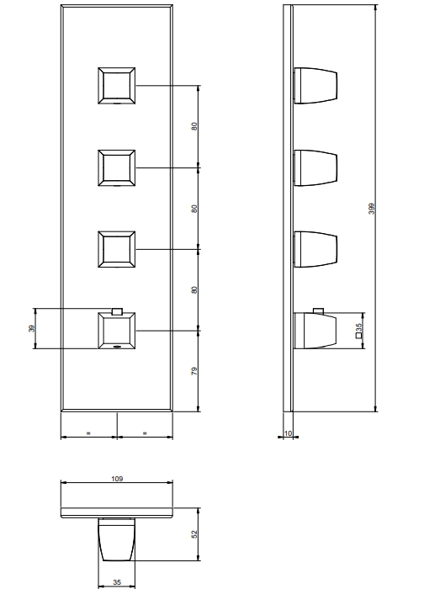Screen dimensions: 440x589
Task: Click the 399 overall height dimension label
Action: click(x=372, y=209)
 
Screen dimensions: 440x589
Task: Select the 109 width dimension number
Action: click(x=117, y=479)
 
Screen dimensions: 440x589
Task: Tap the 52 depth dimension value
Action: click(x=194, y=534)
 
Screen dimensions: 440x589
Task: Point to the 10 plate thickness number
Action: click(x=288, y=433)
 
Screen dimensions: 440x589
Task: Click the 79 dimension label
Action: click(x=194, y=371)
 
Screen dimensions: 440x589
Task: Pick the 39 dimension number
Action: click(x=31, y=329)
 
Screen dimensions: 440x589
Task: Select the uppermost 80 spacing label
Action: click(x=194, y=126)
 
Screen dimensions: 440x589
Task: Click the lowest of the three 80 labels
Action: click(x=194, y=290)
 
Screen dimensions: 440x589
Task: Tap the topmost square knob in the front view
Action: click(x=116, y=86)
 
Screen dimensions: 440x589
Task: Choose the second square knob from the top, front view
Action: click(x=116, y=168)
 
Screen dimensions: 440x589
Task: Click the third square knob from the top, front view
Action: click(x=116, y=249)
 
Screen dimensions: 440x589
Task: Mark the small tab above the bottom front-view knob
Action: click(x=117, y=311)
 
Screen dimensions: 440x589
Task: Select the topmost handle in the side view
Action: click(x=315, y=86)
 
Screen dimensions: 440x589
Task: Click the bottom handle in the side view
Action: click(x=315, y=331)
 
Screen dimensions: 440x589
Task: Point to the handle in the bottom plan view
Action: click(x=116, y=539)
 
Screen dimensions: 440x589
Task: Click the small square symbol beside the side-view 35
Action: click(x=358, y=336)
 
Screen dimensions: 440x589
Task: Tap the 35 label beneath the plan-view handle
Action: click(x=117, y=582)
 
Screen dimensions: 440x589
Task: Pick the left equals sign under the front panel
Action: click(x=88, y=433)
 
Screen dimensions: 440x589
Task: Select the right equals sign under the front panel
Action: click(x=145, y=433)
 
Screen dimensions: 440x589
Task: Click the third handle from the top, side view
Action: click(x=315, y=249)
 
